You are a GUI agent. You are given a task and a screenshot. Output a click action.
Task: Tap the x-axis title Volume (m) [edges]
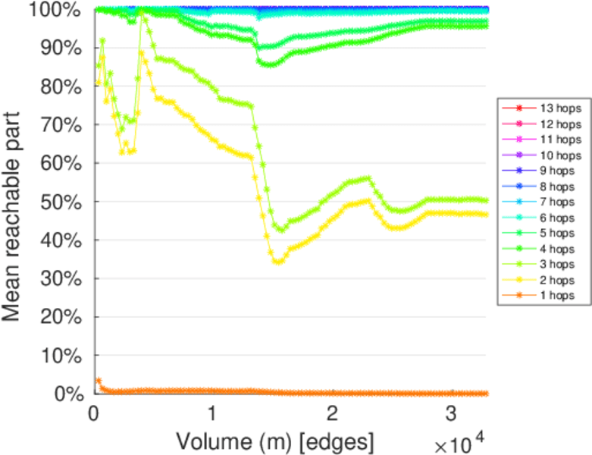click(x=274, y=440)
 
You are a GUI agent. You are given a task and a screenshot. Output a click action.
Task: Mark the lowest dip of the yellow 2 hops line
click(x=279, y=262)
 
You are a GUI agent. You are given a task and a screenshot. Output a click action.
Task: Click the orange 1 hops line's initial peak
click(x=98, y=380)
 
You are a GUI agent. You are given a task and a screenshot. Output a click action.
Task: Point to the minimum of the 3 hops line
click(x=281, y=229)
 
